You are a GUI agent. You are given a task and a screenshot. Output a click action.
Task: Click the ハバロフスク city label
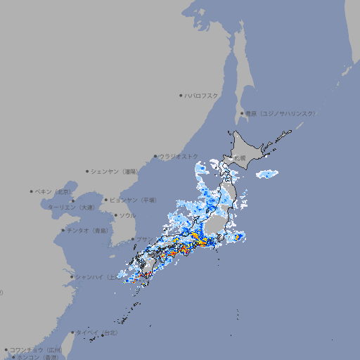pyautogui.click(x=202, y=95)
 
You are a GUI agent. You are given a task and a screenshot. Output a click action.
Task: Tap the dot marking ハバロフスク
pyautogui.click(x=181, y=95)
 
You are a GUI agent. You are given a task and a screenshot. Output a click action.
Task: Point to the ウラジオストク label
pyautogui.click(x=179, y=156)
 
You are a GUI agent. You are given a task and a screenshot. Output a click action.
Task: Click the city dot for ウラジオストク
pyautogui.click(x=155, y=157)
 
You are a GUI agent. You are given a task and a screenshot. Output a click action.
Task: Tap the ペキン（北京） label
pyautogui.click(x=54, y=191)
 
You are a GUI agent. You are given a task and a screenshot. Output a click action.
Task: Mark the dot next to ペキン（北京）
pyautogui.click(x=32, y=191)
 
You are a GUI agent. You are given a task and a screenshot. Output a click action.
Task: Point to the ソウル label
pyautogui.click(x=127, y=215)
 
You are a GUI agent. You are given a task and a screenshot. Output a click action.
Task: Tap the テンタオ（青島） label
pyautogui.click(x=88, y=230)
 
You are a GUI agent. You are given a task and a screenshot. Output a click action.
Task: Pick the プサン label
pyautogui.click(x=141, y=239)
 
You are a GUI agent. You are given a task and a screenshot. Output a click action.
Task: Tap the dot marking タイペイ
pyautogui.click(x=72, y=332)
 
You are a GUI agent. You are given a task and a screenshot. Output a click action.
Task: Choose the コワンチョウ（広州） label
pyautogui.click(x=36, y=349)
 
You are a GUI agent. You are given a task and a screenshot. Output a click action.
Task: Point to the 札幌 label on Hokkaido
pyautogui.click(x=240, y=158)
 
